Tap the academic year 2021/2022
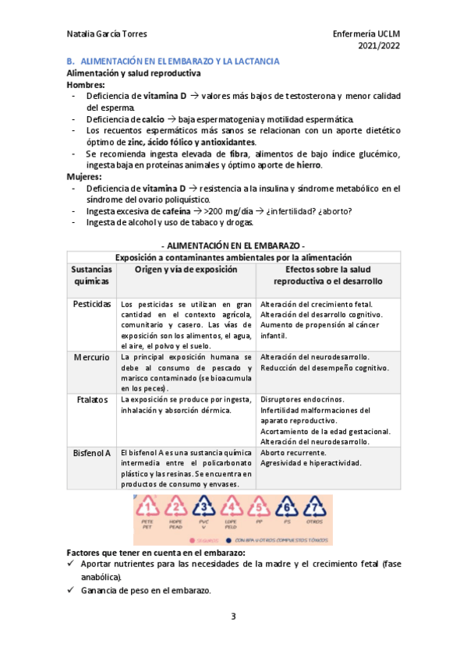click(378, 46)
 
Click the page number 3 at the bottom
click(233, 617)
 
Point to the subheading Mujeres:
click(84, 177)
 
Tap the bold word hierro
click(310, 165)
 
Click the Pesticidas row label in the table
click(92, 303)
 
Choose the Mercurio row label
click(92, 356)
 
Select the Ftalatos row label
click(92, 400)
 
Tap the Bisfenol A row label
click(92, 453)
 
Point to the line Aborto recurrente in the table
click(293, 453)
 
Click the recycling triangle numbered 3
click(203, 510)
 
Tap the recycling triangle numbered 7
click(314, 510)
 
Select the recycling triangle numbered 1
click(147, 510)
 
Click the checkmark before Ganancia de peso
click(72, 591)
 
